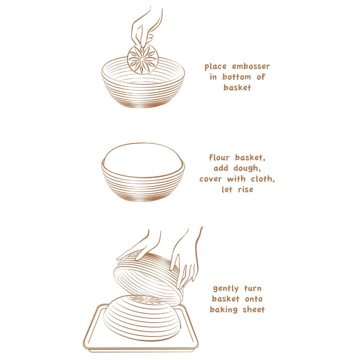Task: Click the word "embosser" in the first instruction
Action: (251, 67)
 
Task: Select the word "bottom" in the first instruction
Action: (237, 77)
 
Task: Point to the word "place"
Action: (215, 67)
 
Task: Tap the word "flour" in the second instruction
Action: (219, 158)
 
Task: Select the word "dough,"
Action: (247, 168)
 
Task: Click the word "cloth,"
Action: (263, 179)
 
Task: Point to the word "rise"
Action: (246, 190)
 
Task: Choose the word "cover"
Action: (211, 179)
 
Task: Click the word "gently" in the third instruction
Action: (226, 289)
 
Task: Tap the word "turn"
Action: (253, 288)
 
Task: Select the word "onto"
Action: (253, 299)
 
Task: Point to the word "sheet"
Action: (254, 310)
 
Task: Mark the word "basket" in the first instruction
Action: (237, 87)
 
